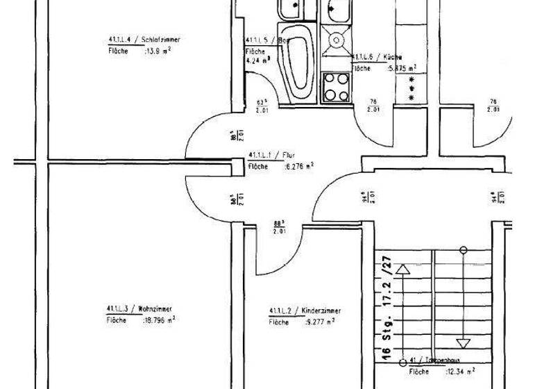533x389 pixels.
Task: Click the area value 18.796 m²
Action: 159,320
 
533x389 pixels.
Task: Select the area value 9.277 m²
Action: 321,322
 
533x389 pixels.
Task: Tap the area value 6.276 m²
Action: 299,167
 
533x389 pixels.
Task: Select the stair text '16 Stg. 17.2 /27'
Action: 387,306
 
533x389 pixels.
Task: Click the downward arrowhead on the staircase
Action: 463,342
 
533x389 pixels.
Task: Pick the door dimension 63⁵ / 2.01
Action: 262,105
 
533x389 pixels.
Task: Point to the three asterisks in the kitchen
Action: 410,89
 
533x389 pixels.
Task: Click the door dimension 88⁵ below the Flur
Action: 280,226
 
